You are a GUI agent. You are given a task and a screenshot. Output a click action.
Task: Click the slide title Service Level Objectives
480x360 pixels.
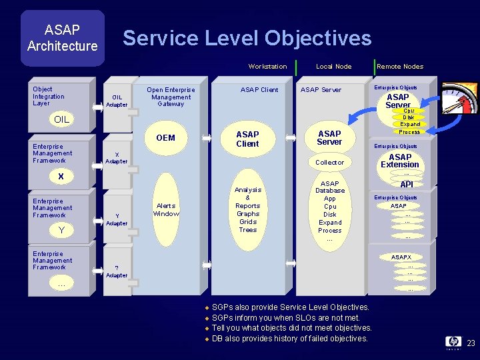247,38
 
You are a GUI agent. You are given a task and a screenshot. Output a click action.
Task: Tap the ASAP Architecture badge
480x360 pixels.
62,38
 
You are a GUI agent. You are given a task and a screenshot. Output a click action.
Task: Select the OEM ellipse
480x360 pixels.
165,138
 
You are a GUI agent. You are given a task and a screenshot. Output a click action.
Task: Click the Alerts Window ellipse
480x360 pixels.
166,210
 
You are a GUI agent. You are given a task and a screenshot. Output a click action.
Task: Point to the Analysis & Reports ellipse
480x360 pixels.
248,209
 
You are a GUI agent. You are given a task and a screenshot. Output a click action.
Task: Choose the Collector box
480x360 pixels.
329,162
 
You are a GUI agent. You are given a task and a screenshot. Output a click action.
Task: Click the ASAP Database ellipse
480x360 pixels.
330,211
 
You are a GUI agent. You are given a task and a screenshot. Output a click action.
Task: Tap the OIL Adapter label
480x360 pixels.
117,101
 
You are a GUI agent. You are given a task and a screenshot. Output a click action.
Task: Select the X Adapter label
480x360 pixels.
117,158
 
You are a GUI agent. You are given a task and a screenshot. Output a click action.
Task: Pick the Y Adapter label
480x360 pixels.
117,219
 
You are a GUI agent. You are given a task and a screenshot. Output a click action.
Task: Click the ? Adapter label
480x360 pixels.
117,271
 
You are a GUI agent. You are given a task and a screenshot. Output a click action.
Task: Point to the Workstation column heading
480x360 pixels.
267,66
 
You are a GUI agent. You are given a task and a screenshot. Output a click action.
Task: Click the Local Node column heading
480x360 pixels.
333,66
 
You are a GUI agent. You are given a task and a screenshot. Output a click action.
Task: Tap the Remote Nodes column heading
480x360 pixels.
400,66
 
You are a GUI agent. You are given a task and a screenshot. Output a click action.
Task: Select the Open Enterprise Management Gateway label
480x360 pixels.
171,97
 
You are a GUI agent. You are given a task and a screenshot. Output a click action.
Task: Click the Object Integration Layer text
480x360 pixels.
49,96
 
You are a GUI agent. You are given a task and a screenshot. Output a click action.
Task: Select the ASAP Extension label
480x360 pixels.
400,161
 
